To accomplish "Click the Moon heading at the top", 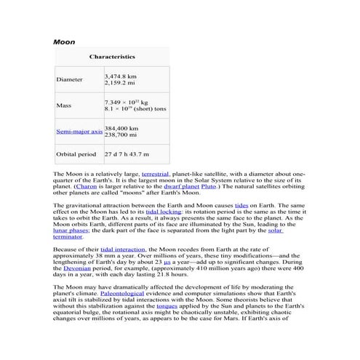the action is click(x=65, y=42).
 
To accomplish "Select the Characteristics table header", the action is click(x=111, y=56).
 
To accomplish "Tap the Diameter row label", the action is click(x=69, y=79).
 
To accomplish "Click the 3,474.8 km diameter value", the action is click(x=120, y=75).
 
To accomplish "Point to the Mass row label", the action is click(x=63, y=105).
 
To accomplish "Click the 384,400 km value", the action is click(x=121, y=128).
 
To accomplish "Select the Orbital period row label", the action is click(x=76, y=154).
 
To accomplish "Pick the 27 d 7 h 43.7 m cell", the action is click(x=127, y=154).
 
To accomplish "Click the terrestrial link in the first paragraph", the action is click(x=156, y=175).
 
